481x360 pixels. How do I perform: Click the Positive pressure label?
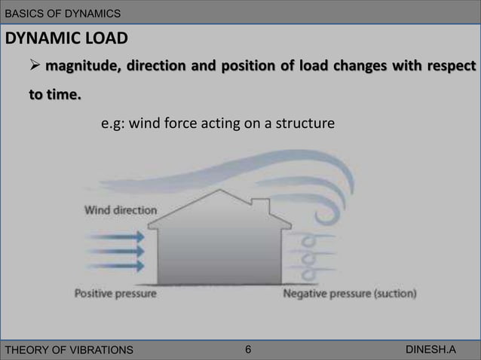pos(115,294)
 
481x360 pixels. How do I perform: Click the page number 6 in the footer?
pos(249,349)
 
